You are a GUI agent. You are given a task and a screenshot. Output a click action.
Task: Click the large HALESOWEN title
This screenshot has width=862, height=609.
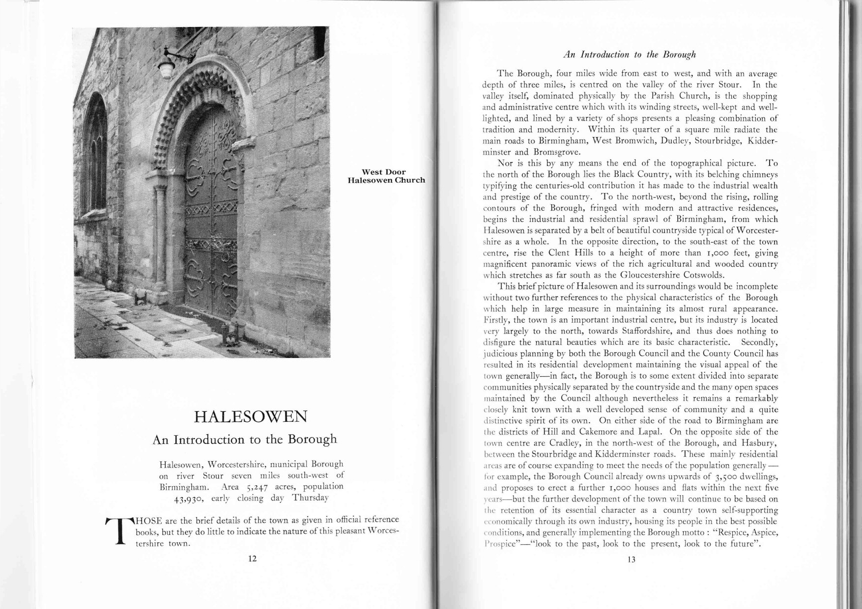click(x=251, y=417)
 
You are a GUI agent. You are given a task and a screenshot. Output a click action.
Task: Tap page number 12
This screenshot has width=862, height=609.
click(x=253, y=558)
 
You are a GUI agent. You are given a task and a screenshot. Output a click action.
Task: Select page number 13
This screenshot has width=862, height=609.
click(x=632, y=559)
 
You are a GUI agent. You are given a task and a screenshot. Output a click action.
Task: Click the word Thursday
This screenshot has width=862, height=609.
click(x=310, y=498)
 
